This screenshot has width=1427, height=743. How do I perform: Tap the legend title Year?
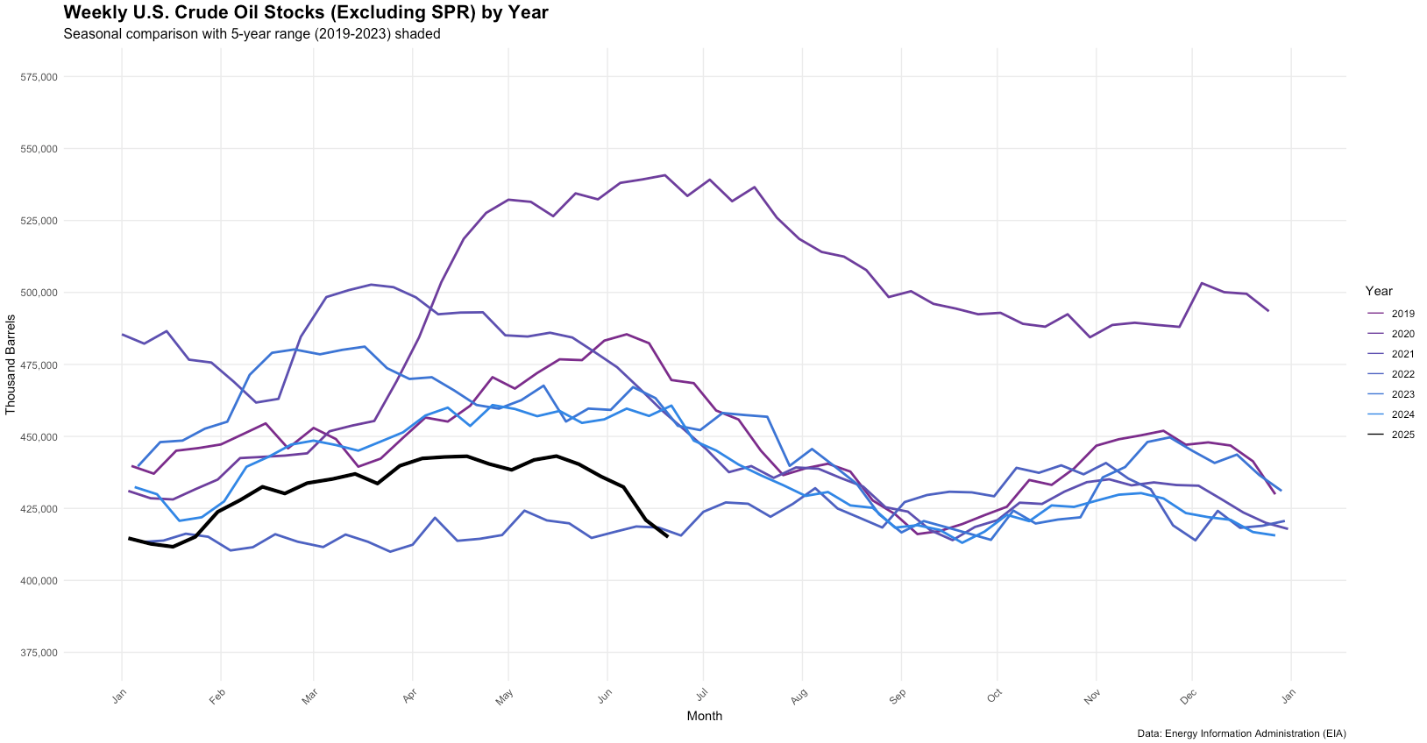(1379, 291)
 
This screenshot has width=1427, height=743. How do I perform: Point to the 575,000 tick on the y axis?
(39, 77)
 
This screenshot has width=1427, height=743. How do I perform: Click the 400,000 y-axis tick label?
(39, 581)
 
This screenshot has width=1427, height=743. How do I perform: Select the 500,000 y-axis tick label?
(39, 293)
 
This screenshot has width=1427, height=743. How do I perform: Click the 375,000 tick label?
(39, 653)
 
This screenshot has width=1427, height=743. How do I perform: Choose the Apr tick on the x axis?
(409, 697)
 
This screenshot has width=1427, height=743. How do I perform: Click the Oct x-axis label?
(993, 697)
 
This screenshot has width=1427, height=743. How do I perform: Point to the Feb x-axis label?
(217, 697)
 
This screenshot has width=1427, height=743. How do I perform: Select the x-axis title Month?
(705, 716)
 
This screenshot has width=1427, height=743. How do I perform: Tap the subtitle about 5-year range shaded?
(252, 34)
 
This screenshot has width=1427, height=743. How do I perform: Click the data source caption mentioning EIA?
(1241, 733)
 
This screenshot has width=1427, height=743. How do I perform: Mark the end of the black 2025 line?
(668, 536)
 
